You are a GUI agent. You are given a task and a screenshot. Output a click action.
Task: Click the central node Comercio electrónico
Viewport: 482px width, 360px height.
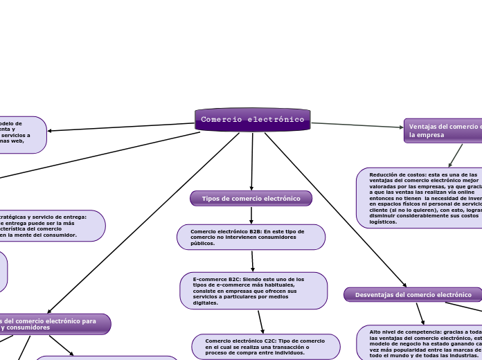(253, 120)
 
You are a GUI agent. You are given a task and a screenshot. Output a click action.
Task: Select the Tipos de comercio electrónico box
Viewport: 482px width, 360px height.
(251, 199)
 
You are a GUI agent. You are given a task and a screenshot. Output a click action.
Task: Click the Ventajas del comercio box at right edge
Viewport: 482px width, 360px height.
(443, 130)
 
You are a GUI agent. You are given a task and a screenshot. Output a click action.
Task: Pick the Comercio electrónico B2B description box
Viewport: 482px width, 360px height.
(251, 237)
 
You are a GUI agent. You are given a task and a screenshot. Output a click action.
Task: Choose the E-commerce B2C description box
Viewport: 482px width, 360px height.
(253, 291)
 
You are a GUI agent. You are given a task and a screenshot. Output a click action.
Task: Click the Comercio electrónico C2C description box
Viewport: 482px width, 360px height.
(266, 347)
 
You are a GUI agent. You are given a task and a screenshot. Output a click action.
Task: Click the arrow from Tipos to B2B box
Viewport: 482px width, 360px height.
(251, 215)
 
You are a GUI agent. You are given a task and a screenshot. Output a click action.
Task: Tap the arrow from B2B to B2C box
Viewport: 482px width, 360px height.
(253, 261)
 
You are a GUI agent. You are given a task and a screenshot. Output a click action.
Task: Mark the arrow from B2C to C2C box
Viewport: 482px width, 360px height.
(261, 322)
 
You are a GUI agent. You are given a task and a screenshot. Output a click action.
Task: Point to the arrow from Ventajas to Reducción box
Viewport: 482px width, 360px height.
(456, 155)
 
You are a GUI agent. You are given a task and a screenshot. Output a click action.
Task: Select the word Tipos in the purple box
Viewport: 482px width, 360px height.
(211, 199)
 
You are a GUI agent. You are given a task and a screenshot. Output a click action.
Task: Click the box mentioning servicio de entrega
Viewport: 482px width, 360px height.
(48, 226)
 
